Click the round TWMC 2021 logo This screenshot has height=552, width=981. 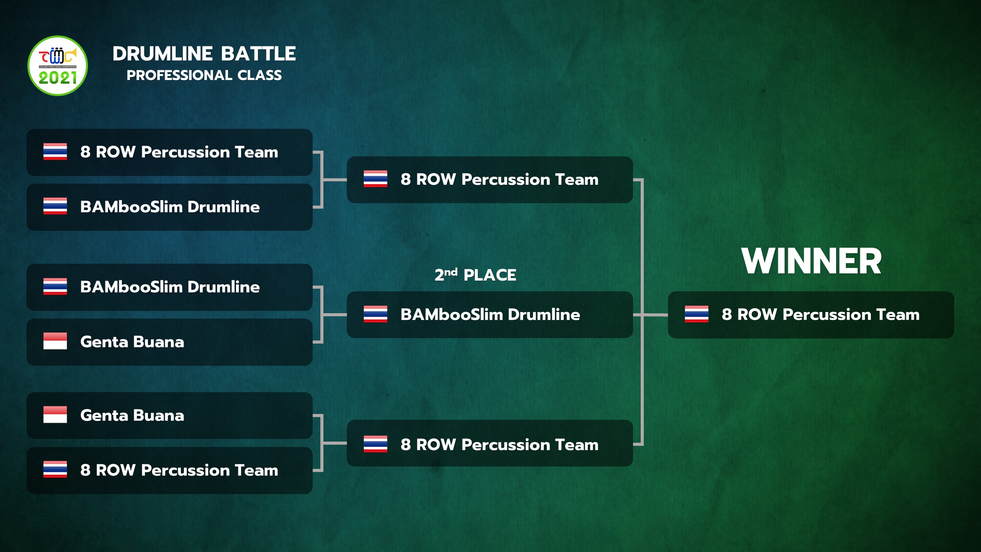58,66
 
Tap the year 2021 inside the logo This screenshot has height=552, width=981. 58,78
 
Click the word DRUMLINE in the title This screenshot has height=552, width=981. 162,54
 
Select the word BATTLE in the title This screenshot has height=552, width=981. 258,54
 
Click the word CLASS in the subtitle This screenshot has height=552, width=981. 259,75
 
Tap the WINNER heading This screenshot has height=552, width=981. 811,261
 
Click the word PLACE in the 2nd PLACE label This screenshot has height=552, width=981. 490,275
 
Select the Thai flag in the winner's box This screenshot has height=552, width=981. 696,314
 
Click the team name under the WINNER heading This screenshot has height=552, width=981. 820,314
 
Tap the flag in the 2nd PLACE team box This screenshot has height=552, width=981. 375,314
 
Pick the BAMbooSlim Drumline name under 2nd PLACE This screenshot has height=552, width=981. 490,314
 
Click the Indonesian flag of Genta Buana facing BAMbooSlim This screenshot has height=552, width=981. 55,341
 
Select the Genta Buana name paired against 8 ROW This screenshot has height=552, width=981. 132,416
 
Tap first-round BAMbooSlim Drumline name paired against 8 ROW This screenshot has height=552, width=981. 170,207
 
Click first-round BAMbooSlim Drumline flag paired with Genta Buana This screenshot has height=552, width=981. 55,286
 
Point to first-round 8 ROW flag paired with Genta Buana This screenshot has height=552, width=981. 55,469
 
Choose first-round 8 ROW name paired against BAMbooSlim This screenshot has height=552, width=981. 179,152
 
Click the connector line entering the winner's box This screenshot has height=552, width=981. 655,315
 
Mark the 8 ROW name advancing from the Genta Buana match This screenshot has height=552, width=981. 499,445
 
